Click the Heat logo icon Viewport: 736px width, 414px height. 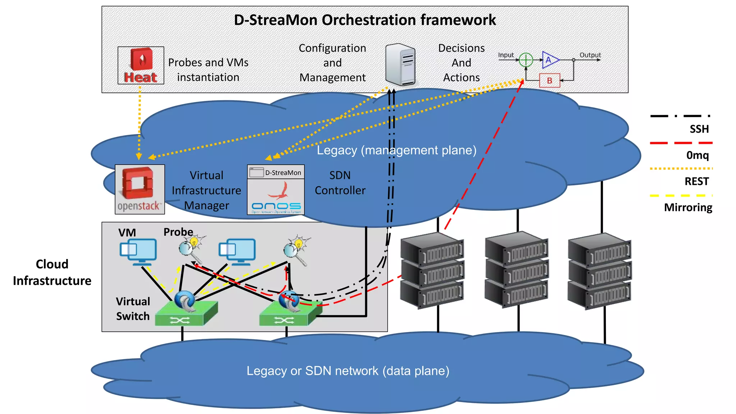[x=141, y=65]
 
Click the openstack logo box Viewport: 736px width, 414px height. [x=140, y=189]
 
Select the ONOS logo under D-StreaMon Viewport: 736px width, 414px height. [x=276, y=197]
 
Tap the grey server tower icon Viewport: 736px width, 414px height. [x=400, y=65]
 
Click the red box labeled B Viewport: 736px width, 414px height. [x=549, y=80]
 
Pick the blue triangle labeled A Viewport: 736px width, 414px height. [x=549, y=60]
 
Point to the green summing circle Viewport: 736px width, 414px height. [x=526, y=60]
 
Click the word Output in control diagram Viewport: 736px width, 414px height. [x=590, y=55]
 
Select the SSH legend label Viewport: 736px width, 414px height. [x=699, y=129]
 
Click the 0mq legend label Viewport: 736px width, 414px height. [x=697, y=155]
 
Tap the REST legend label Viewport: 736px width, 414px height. [x=696, y=181]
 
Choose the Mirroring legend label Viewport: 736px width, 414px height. [x=688, y=208]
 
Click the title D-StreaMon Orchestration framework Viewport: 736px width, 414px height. [x=365, y=20]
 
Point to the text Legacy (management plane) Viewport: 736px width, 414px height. [x=396, y=150]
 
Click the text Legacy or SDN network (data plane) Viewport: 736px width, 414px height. [x=348, y=371]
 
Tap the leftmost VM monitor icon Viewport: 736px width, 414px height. [x=138, y=251]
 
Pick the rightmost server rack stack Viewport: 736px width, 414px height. [x=599, y=271]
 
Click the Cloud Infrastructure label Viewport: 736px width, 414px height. [x=52, y=272]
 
